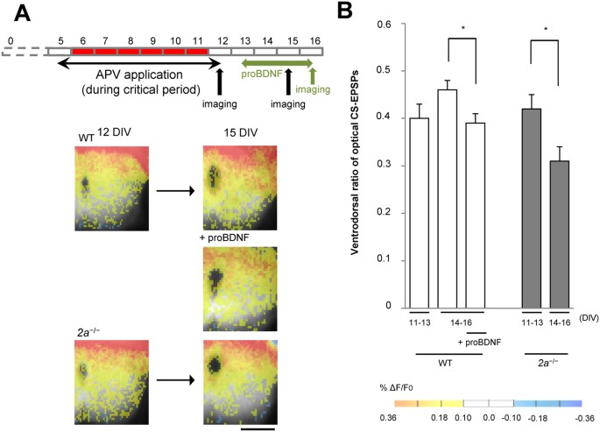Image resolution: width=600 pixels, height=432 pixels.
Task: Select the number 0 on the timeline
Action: pyautogui.click(x=10, y=41)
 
